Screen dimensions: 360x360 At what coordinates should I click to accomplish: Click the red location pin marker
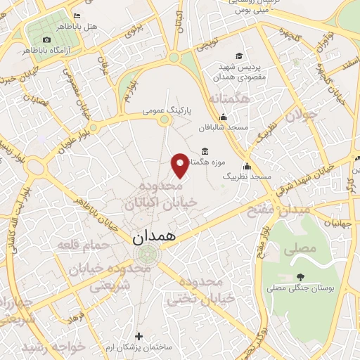pyautogui.click(x=181, y=165)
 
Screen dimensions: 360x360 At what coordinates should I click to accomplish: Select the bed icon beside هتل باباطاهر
pyautogui.click(x=77, y=15)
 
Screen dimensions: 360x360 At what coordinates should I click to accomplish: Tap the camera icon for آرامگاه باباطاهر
pyautogui.click(x=46, y=40)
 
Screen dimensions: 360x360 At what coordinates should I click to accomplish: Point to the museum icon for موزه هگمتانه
pyautogui.click(x=205, y=151)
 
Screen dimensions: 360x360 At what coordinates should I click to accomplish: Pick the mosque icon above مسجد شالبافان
pyautogui.click(x=224, y=117)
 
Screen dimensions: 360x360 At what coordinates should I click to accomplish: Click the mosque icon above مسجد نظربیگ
pyautogui.click(x=247, y=167)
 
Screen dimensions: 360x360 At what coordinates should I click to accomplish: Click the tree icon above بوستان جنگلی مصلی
pyautogui.click(x=300, y=276)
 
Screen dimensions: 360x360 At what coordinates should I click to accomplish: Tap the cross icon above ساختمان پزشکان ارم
pyautogui.click(x=138, y=336)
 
